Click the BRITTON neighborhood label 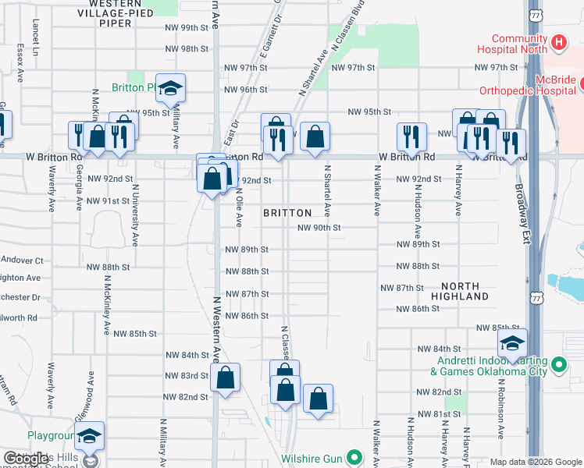point(287,213)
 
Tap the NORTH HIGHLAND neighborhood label point(464,292)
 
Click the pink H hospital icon point(558,42)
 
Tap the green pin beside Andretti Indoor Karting point(558,364)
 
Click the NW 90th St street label point(319,228)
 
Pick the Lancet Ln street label point(36,32)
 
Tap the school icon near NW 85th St point(513,343)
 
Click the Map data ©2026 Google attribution point(536,462)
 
